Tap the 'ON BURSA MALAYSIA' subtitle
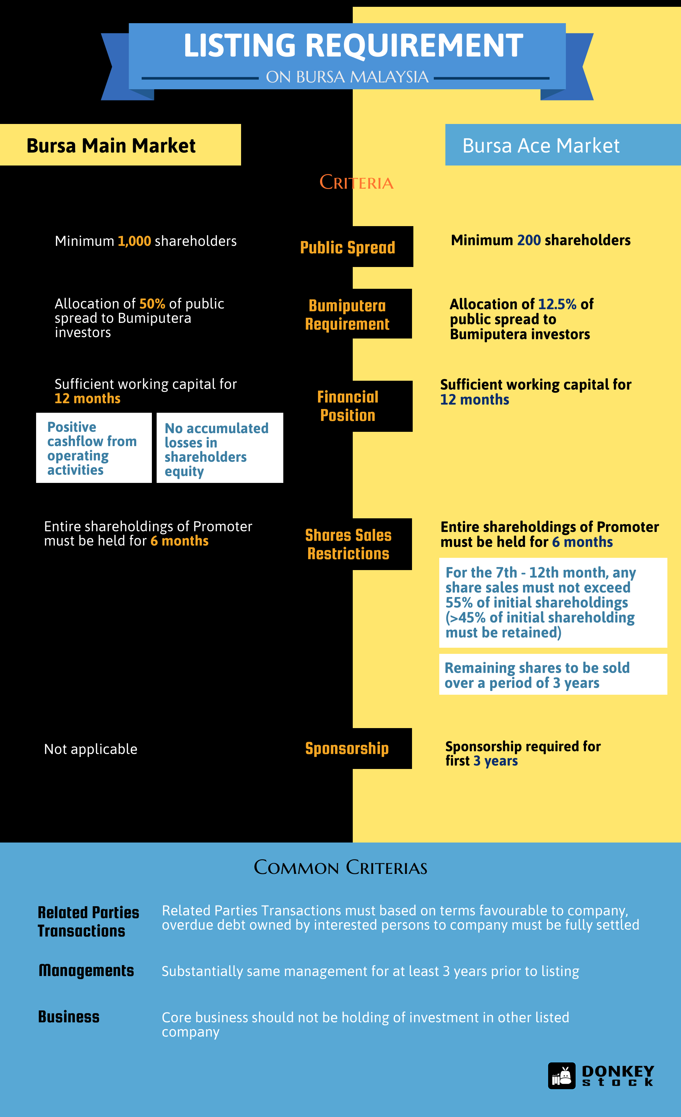[x=347, y=77]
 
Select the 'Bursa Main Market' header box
[x=120, y=145]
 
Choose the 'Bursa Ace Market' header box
[x=563, y=145]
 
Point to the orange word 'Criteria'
[x=357, y=182]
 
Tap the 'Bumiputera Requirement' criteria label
[x=347, y=315]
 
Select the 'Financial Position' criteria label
[x=348, y=406]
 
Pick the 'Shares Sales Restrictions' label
[x=348, y=544]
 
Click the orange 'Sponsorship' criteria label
[x=347, y=749]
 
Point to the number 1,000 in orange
[x=134, y=241]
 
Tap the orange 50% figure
[x=152, y=303]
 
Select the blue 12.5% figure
[x=557, y=304]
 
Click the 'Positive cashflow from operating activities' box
[x=94, y=447]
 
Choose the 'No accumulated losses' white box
[x=220, y=447]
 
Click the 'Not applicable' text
[x=91, y=749]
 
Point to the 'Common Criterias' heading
[x=340, y=867]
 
